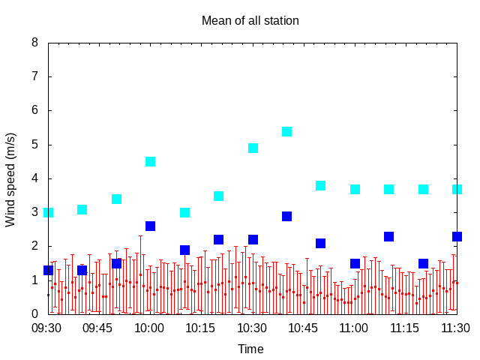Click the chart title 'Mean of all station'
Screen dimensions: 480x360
[x=250, y=20]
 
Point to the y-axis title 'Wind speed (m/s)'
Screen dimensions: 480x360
[x=10, y=180]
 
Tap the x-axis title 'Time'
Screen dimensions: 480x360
[x=250, y=349]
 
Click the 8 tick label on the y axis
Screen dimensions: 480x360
[x=35, y=42]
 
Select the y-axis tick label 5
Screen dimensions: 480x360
[x=35, y=144]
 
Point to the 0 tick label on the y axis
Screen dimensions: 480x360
[x=35, y=313]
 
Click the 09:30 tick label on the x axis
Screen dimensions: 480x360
[x=46, y=328]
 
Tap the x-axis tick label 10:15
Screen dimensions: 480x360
[x=200, y=328]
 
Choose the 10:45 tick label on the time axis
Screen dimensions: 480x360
[x=303, y=328]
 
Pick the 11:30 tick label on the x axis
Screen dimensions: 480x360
[x=455, y=328]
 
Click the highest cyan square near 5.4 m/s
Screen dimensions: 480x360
[x=286, y=132]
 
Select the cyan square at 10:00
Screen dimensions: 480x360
[x=150, y=161]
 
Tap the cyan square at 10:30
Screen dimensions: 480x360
[x=253, y=148]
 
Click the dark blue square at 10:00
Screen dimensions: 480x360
[x=150, y=226]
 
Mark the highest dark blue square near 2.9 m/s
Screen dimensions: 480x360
[x=286, y=216]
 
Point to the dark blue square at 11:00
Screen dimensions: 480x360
[x=355, y=263]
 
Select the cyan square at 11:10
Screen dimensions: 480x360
[x=388, y=189]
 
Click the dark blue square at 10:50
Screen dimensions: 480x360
[x=320, y=243]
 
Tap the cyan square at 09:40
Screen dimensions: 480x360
[x=82, y=209]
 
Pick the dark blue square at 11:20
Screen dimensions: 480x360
[x=423, y=263]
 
